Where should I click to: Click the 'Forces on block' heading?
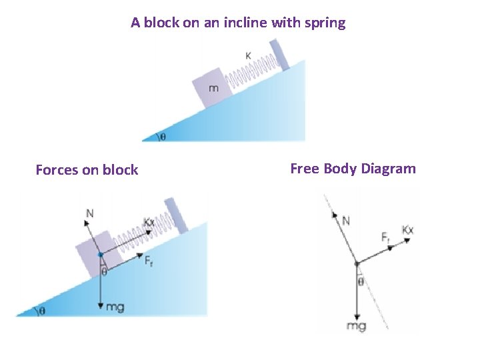pos(87,170)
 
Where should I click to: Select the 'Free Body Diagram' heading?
pos(353,169)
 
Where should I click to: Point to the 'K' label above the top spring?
pos(248,56)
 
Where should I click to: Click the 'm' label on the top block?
pos(213,89)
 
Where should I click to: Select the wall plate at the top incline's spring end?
pos(280,55)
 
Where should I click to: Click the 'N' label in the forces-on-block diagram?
pos(89,213)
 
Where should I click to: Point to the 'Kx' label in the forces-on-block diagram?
pos(149,222)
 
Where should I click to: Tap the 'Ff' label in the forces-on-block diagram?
pos(149,261)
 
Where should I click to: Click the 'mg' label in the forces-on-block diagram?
pos(115,307)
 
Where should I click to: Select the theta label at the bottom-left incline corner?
pos(43,311)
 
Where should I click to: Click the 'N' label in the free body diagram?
pos(346,220)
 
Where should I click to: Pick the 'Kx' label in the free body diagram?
pos(408,230)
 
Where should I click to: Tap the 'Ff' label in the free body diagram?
pos(386,237)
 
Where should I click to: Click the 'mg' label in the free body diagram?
pos(357,327)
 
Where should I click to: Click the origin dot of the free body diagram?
pos(357,263)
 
